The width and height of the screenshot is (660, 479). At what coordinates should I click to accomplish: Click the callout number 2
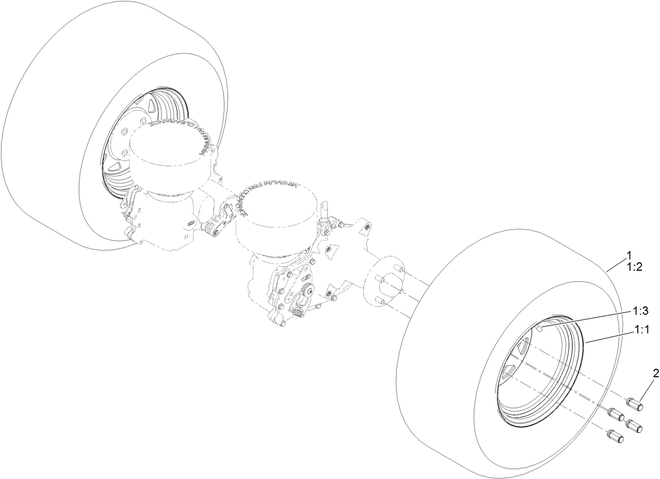pyautogui.click(x=655, y=374)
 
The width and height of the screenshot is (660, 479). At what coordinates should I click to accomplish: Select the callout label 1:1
pyautogui.click(x=642, y=331)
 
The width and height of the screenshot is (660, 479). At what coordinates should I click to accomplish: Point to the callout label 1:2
pyautogui.click(x=635, y=267)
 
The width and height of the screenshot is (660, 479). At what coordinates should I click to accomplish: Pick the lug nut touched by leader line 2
pyautogui.click(x=636, y=406)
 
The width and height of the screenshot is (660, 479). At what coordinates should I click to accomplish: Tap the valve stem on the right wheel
pyautogui.click(x=539, y=328)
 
